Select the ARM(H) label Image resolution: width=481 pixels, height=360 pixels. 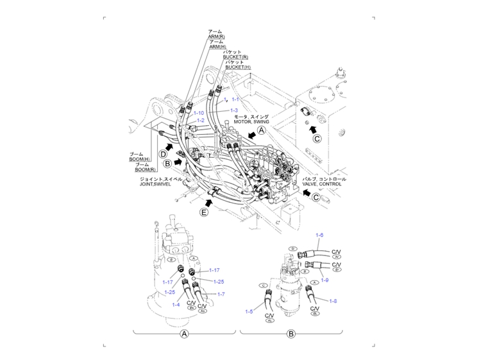pos(217,47)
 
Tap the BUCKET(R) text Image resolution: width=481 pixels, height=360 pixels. pos(236,57)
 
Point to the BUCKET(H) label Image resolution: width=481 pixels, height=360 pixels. pos(237,67)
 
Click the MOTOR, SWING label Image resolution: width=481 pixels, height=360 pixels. pos(251,121)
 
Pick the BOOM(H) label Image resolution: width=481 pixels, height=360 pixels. pos(140,160)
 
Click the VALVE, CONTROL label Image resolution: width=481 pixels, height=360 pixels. pos(321,184)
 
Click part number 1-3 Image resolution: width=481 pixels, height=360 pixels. pos(234,111)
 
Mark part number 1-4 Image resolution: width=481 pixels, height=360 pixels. pos(176,304)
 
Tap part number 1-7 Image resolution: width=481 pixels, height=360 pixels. pos(221,294)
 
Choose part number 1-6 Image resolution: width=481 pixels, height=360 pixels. pos(320,236)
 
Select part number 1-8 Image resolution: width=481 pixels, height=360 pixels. pos(333,300)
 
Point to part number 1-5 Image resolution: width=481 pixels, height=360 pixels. pos(249,311)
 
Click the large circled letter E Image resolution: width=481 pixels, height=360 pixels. pos(204,213)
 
